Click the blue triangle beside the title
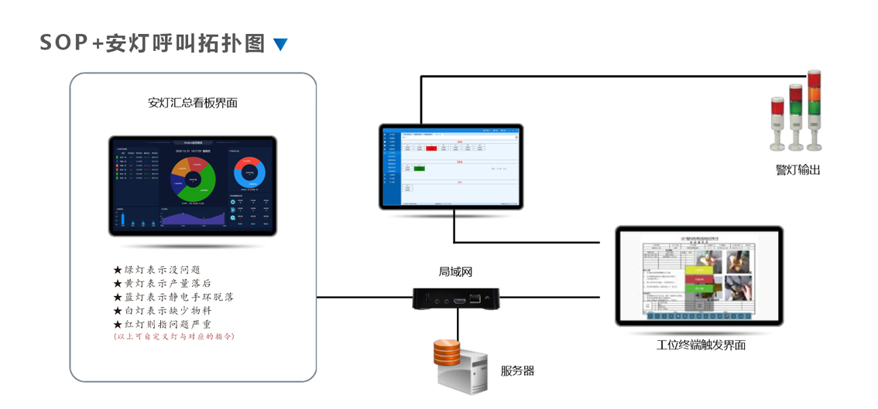coord(280,45)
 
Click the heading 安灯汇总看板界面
coord(193,102)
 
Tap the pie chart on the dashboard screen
coord(193,179)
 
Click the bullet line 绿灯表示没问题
coord(157,270)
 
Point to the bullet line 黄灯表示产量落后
coord(162,283)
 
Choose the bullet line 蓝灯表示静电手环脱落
coord(173,296)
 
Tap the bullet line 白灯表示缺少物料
coord(162,310)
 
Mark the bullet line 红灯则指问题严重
coord(162,324)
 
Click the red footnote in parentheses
coord(173,336)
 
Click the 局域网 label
coord(455,271)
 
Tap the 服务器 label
coord(517,370)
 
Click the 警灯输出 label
coord(797,169)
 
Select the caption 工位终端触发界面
coord(701,345)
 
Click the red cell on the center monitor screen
coord(431,148)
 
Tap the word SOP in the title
coord(64,43)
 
